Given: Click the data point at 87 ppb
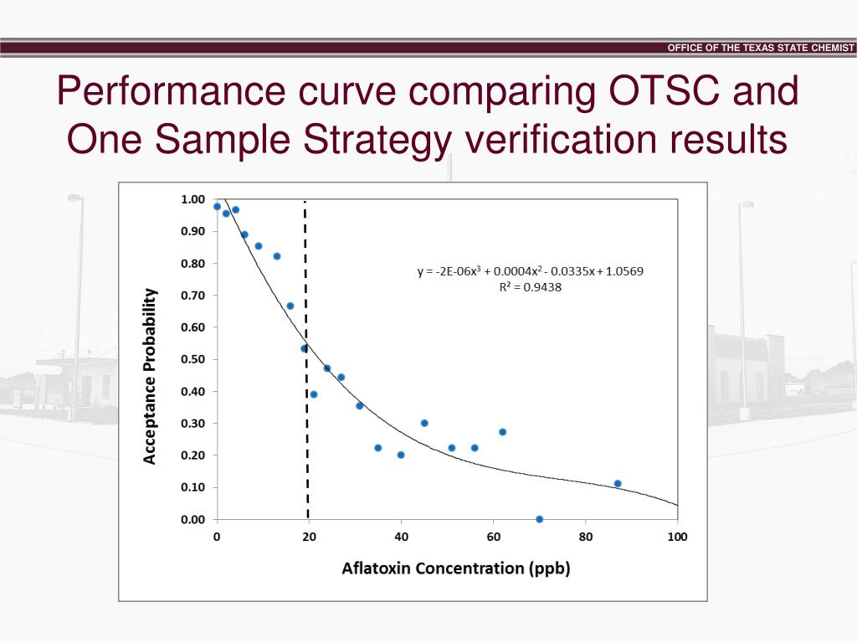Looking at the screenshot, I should tap(618, 483).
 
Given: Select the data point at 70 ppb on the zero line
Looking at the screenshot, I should tap(539, 519).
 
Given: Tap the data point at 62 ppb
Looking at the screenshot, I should tap(502, 432).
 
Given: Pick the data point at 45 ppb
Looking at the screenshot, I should tap(424, 423).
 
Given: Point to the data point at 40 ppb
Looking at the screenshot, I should tap(401, 455).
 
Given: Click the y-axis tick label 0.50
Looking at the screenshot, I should tap(192, 359).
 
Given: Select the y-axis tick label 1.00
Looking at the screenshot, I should tap(192, 199).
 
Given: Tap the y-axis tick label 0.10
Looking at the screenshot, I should tap(192, 487).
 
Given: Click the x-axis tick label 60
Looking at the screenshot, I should tap(493, 537).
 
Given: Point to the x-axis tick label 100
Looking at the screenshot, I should tap(677, 537).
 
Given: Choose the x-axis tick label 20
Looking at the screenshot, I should tap(309, 537).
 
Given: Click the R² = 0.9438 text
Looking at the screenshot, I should tap(530, 287).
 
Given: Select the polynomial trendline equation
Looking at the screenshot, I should tap(531, 271).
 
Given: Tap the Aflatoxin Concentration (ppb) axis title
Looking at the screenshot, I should tap(455, 568).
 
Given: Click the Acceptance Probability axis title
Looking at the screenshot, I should tap(150, 375).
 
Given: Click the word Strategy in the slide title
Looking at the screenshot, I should tap(391, 140).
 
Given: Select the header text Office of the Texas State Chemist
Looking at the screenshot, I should tap(761, 48).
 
